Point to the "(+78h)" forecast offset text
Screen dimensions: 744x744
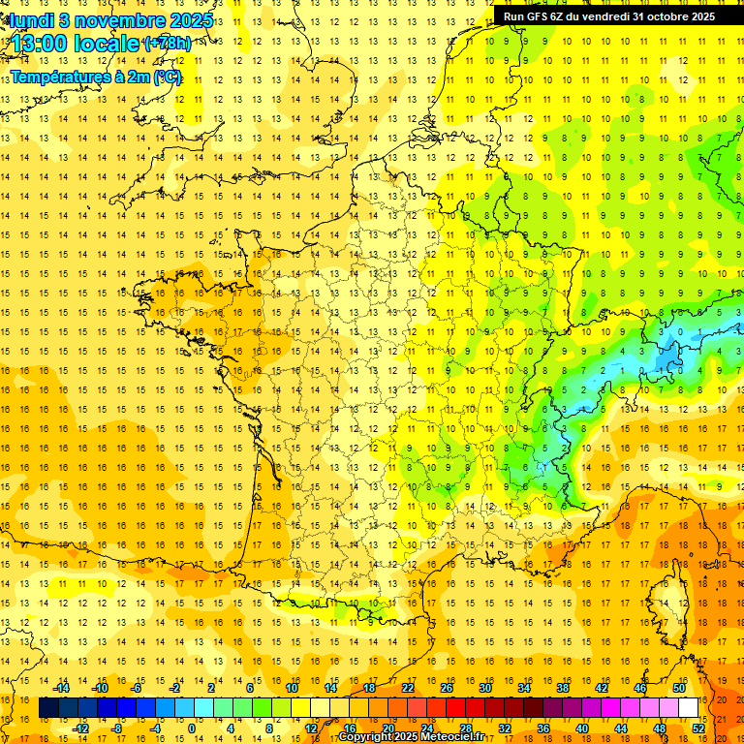pyautogui.click(x=167, y=44)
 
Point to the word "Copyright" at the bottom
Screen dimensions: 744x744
pyautogui.click(x=366, y=737)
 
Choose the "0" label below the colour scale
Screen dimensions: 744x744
pyautogui.click(x=191, y=728)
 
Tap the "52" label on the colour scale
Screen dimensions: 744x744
pyautogui.click(x=698, y=728)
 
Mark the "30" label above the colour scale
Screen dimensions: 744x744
pyautogui.click(x=485, y=687)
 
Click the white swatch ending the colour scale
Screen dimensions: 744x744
pyautogui.click(x=689, y=708)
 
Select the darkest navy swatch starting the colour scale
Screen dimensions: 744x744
pyautogui.click(x=49, y=708)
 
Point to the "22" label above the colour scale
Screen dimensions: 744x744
pyautogui.click(x=408, y=687)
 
